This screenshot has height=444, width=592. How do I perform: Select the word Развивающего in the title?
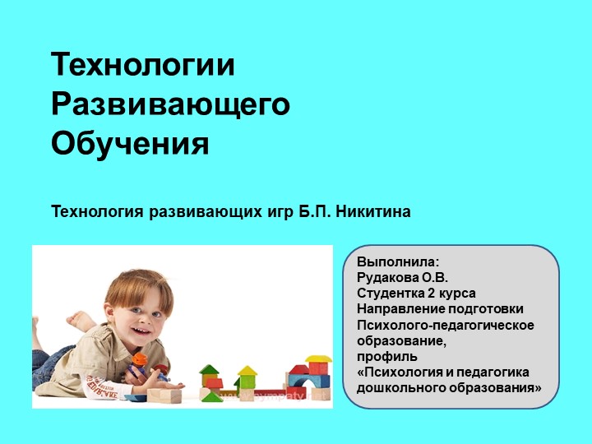click(171, 105)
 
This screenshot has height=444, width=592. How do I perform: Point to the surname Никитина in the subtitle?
click(376, 212)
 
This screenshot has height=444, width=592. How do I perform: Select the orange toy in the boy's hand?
click(140, 359)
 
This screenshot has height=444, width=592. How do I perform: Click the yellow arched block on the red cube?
click(317, 359)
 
